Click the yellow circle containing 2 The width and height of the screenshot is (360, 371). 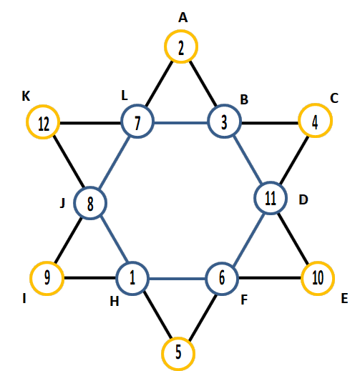pos(181,31)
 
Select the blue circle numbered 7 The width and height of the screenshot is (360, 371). pos(137,106)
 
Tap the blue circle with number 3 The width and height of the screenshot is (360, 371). pos(224,106)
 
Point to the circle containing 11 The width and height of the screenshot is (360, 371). pos(271,183)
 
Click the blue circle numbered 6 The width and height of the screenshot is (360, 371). pos(222,264)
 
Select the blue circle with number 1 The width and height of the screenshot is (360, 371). pos(132,263)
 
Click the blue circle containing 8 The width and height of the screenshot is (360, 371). pos(90,188)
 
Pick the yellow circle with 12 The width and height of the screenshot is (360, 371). pos(43,107)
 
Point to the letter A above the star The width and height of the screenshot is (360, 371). pos(183,18)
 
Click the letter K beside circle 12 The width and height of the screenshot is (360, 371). pos(26,97)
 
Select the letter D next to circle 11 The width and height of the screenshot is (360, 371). pos(303,199)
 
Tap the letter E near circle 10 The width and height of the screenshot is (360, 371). pos(344,298)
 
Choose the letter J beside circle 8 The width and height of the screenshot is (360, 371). pos(62,204)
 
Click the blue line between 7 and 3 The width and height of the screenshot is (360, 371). pos(181,123)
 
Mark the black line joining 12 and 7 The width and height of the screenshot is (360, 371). pos(90,123)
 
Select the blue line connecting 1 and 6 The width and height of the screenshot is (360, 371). pos(177,279)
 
